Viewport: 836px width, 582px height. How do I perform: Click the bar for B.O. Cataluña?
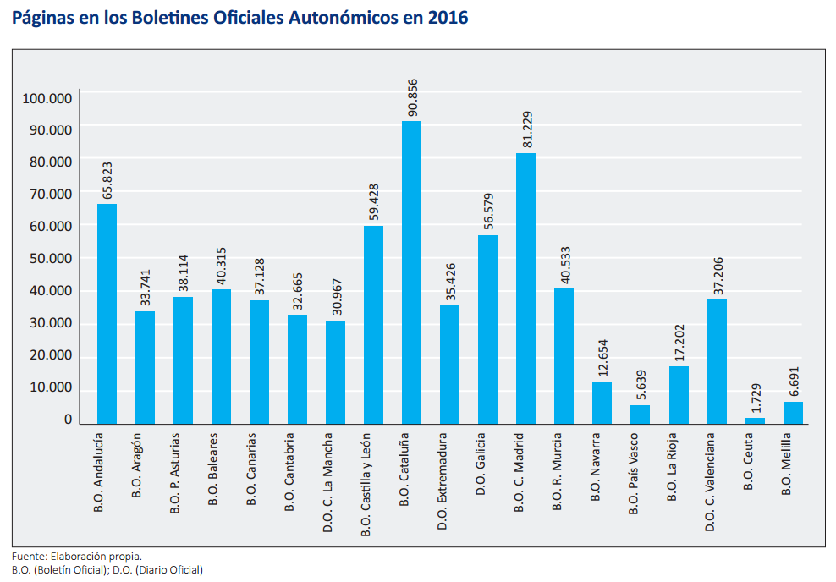pyautogui.click(x=411, y=272)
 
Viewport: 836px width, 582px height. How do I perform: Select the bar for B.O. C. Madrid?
pyautogui.click(x=525, y=288)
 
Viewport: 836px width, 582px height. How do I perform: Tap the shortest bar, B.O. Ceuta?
pyautogui.click(x=755, y=420)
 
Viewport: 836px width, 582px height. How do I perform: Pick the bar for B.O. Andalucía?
pyautogui.click(x=107, y=313)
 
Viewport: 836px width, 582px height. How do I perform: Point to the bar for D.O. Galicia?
pyautogui.click(x=487, y=329)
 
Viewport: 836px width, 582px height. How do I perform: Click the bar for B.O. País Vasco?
pyautogui.click(x=640, y=414)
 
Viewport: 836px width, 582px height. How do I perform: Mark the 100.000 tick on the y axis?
pyautogui.click(x=47, y=98)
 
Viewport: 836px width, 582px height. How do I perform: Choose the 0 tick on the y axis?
pyautogui.click(x=68, y=420)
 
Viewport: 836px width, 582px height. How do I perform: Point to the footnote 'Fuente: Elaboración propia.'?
pyautogui.click(x=77, y=557)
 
